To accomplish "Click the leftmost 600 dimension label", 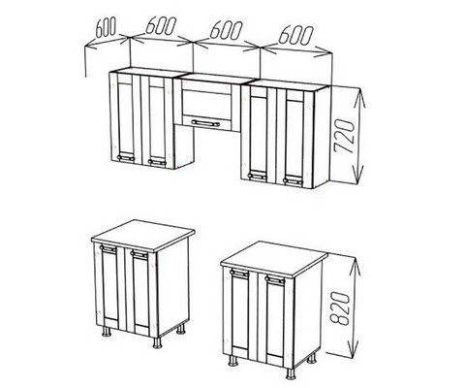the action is click(106, 28).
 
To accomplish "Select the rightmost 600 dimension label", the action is click(295, 35).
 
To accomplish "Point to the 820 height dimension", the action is click(340, 308).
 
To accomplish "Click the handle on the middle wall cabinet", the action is click(205, 122).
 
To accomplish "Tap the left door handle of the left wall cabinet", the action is click(126, 158).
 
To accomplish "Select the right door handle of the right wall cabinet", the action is click(294, 180).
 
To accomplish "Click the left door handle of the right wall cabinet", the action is click(257, 177).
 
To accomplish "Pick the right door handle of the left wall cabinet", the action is click(157, 162).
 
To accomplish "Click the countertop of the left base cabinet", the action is click(143, 236).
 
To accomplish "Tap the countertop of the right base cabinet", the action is click(274, 260).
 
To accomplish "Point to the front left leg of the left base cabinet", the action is click(107, 332).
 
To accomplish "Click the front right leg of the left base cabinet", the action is click(158, 342).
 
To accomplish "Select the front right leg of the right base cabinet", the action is click(291, 372).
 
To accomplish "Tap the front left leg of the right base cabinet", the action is click(232, 360).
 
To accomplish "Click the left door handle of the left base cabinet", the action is click(108, 248).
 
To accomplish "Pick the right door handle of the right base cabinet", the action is click(275, 279).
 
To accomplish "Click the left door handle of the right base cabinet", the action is click(239, 274).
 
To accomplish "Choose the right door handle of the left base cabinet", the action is click(139, 254).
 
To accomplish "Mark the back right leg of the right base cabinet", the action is click(312, 358).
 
